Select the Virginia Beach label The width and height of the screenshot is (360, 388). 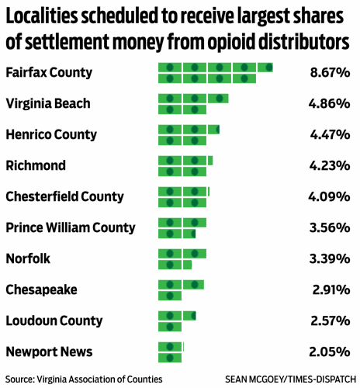tap(47, 103)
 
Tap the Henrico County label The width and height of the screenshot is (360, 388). tap(52, 134)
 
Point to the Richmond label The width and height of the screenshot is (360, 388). tap(36, 165)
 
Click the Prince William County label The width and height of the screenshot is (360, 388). tap(70, 227)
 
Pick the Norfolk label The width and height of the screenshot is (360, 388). tap(28, 258)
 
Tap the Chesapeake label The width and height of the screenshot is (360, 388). tap(40, 289)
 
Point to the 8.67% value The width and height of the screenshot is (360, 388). tap(329, 73)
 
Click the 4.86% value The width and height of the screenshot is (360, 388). tap(329, 103)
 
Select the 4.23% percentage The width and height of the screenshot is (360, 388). tap(329, 165)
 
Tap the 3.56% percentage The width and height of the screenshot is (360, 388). tap(329, 227)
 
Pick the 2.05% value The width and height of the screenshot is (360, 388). tap(329, 352)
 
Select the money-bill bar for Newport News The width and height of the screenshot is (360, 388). tap(171, 352)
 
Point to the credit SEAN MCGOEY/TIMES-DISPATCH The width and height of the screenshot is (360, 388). tap(289, 379)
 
